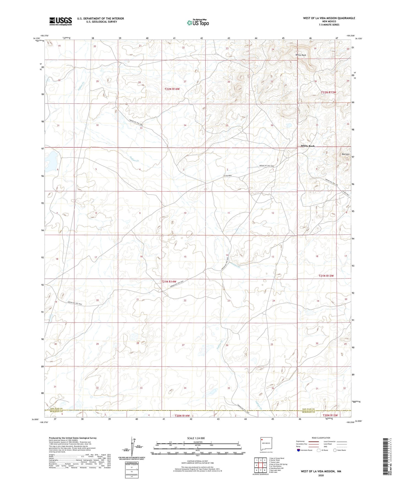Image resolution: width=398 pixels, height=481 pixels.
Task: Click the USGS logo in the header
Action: [61, 21]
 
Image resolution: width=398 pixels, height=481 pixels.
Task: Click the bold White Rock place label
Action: [308, 146]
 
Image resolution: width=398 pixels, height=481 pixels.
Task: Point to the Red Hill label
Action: [345, 154]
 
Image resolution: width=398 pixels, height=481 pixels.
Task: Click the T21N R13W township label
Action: [326, 276]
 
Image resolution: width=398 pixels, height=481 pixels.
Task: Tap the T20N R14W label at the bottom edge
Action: [182, 416]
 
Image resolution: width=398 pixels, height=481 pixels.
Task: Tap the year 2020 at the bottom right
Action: [321, 475]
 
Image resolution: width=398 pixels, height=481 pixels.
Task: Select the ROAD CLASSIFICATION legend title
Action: [321, 438]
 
